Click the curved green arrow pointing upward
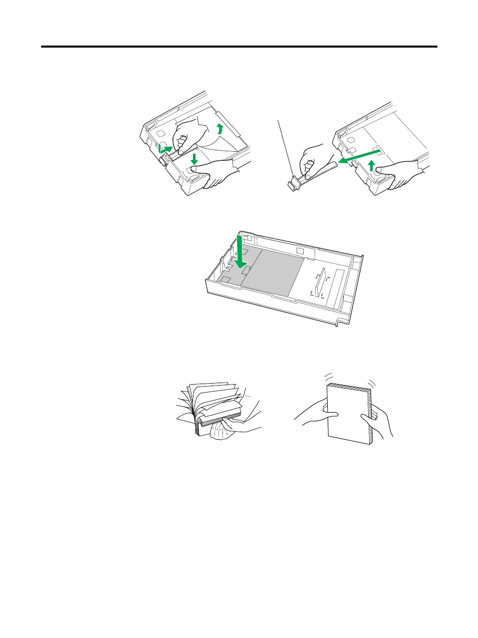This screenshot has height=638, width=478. [x=219, y=129]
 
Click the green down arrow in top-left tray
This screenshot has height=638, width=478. [x=194, y=160]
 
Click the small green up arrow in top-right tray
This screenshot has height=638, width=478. [x=371, y=165]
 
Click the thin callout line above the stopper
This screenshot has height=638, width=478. [x=286, y=150]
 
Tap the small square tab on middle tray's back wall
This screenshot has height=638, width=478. [x=300, y=251]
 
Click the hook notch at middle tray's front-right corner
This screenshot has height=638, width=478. [x=340, y=324]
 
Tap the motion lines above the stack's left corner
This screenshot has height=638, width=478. [x=329, y=376]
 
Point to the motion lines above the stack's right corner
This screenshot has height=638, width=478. [x=371, y=382]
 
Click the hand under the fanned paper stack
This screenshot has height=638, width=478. [x=220, y=431]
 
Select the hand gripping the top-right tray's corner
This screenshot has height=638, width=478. [x=401, y=173]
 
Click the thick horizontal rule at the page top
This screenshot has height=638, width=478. [x=239, y=47]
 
